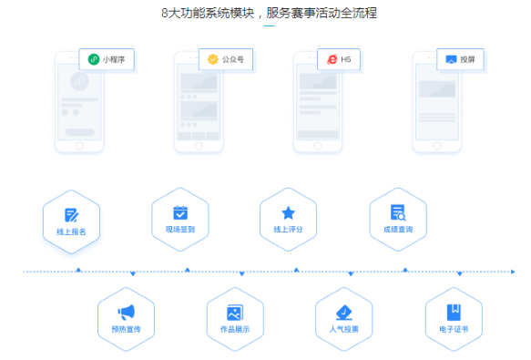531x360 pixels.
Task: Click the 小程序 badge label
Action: point(114,59)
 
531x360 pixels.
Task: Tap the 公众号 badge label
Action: point(233,59)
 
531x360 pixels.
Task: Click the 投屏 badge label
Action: point(467,59)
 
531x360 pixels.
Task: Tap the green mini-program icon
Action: point(93,59)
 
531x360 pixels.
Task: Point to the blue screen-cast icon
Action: point(450,59)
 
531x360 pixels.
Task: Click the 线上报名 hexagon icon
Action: point(71,215)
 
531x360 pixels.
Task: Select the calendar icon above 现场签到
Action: point(180,212)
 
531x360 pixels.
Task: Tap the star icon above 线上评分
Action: point(289,212)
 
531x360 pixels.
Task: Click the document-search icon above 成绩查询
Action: point(398,212)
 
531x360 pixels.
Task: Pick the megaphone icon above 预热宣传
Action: point(126,312)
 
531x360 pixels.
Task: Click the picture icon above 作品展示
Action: point(235,312)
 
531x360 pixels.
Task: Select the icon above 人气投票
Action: point(343,312)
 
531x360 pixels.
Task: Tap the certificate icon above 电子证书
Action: point(453,312)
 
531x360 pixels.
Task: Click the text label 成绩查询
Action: point(398,229)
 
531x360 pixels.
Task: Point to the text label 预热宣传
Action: point(126,328)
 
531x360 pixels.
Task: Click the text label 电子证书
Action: point(453,328)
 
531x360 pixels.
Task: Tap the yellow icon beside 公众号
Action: point(212,59)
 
